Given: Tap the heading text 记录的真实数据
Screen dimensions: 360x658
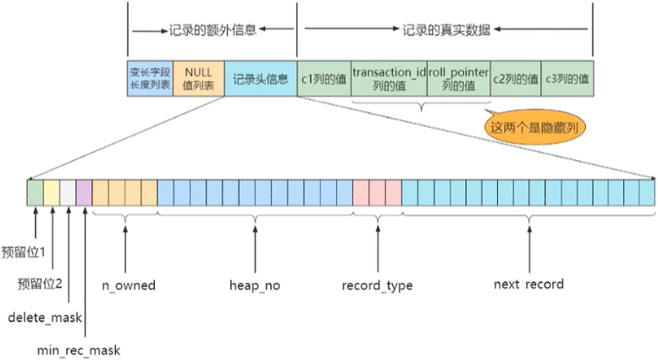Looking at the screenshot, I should (x=444, y=29).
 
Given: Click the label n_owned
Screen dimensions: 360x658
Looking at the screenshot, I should (x=129, y=285).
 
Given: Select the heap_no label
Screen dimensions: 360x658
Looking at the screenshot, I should (x=254, y=285).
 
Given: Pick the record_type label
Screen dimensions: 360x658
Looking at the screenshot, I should (x=377, y=285).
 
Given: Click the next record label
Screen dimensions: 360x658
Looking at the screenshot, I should (x=528, y=285).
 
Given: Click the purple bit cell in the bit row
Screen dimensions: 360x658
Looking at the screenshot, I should (x=84, y=193).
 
